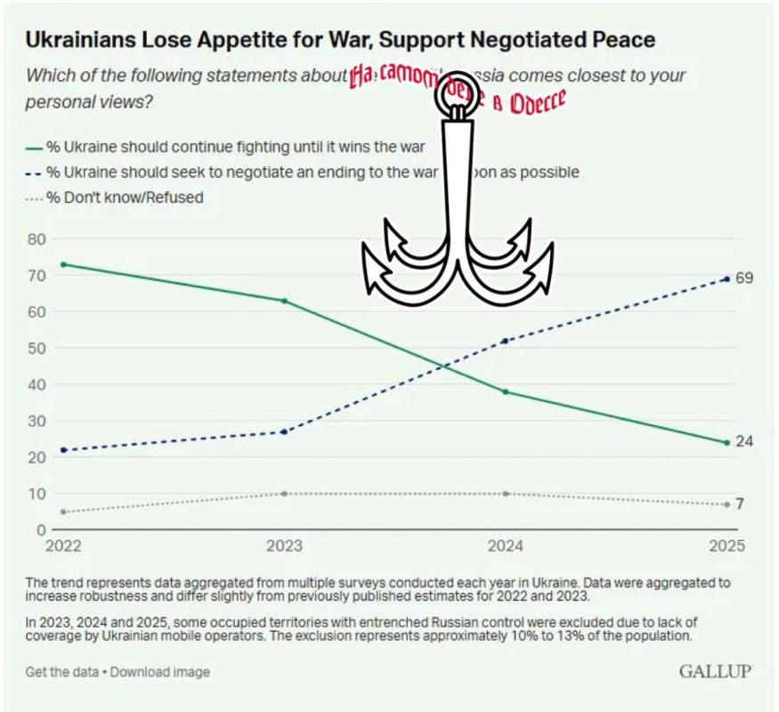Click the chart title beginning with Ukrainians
click(340, 39)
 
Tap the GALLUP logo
click(716, 670)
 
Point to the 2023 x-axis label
click(284, 546)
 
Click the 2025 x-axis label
click(726, 546)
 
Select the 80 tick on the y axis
click(36, 239)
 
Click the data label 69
click(744, 279)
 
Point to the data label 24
click(744, 441)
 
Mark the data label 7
click(740, 505)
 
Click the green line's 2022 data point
click(62, 264)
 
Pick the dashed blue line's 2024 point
click(506, 341)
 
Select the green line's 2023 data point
click(284, 301)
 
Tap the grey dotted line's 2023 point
click(284, 493)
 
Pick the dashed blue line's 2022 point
click(62, 449)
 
